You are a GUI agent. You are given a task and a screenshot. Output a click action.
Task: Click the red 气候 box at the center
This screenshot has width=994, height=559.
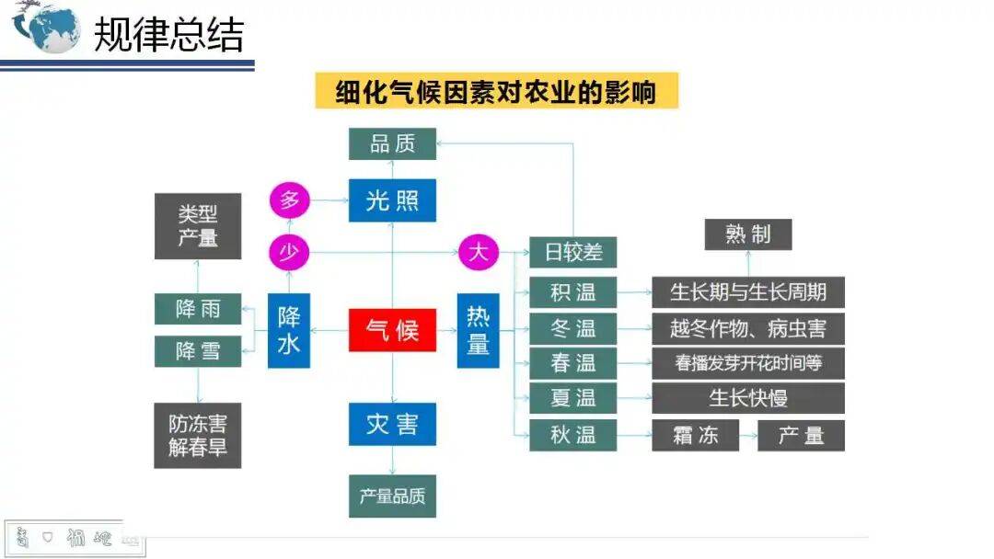392,329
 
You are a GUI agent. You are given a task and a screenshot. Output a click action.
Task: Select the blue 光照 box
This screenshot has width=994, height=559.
392,200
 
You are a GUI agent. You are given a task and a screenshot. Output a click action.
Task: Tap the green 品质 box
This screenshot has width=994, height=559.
392,143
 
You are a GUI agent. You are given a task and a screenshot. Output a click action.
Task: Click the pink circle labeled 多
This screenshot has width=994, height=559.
289,200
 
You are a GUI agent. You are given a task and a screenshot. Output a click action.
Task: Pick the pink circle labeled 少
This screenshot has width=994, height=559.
289,252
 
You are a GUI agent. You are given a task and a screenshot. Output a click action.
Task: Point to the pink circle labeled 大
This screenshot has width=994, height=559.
479,252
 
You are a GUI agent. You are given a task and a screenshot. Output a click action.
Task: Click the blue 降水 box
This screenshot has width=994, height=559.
289,330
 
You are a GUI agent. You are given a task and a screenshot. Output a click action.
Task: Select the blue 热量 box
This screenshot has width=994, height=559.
479,330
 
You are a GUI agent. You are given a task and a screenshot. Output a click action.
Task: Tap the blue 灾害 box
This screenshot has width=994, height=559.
392,424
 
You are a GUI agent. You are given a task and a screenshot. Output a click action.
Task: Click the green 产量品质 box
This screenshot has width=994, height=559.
392,496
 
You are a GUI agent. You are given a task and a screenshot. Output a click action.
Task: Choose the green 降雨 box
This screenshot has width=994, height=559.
198,309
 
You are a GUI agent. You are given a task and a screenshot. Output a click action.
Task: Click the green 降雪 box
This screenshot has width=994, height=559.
198,351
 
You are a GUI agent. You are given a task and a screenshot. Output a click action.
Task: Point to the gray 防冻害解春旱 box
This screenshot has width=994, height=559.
198,436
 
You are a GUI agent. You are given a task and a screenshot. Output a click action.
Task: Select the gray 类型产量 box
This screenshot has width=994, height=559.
198,225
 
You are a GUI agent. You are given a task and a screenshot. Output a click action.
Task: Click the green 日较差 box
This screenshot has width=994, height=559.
572,252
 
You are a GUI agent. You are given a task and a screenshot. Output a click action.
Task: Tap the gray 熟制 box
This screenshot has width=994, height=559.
747,234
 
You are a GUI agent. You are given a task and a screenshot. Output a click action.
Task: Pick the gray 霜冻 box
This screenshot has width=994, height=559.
695,435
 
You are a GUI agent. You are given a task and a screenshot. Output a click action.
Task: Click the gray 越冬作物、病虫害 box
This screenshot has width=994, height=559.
747,328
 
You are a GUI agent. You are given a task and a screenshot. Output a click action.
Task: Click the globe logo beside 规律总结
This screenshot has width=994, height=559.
46,28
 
